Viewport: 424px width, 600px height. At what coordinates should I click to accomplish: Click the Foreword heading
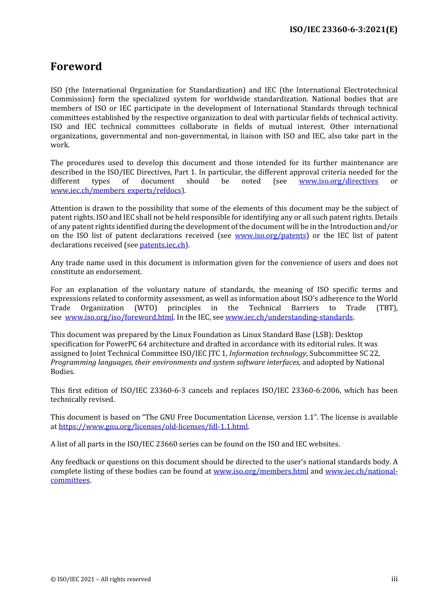[76, 67]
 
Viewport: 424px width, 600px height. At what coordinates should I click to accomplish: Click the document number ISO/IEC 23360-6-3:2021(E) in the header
[343, 29]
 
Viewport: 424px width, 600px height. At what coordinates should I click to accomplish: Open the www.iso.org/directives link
[338, 181]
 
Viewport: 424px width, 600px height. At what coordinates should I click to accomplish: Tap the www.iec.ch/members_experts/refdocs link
[116, 191]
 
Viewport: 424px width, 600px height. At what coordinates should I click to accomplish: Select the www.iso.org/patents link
[270, 236]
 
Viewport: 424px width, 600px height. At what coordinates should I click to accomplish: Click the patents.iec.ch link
[162, 245]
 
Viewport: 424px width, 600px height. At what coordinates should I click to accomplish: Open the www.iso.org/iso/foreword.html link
[119, 317]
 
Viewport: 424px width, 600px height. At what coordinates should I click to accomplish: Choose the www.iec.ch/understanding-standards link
[289, 317]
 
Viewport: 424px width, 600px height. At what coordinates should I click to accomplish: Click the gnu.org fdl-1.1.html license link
[153, 427]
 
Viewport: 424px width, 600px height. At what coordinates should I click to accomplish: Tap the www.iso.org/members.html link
[261, 471]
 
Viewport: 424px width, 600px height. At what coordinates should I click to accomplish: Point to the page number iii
[394, 579]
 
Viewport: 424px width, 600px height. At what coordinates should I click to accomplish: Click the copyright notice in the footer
[100, 579]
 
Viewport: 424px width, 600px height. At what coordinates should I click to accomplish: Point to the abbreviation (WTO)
[146, 308]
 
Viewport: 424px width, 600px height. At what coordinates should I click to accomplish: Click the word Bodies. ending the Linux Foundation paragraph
[62, 372]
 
